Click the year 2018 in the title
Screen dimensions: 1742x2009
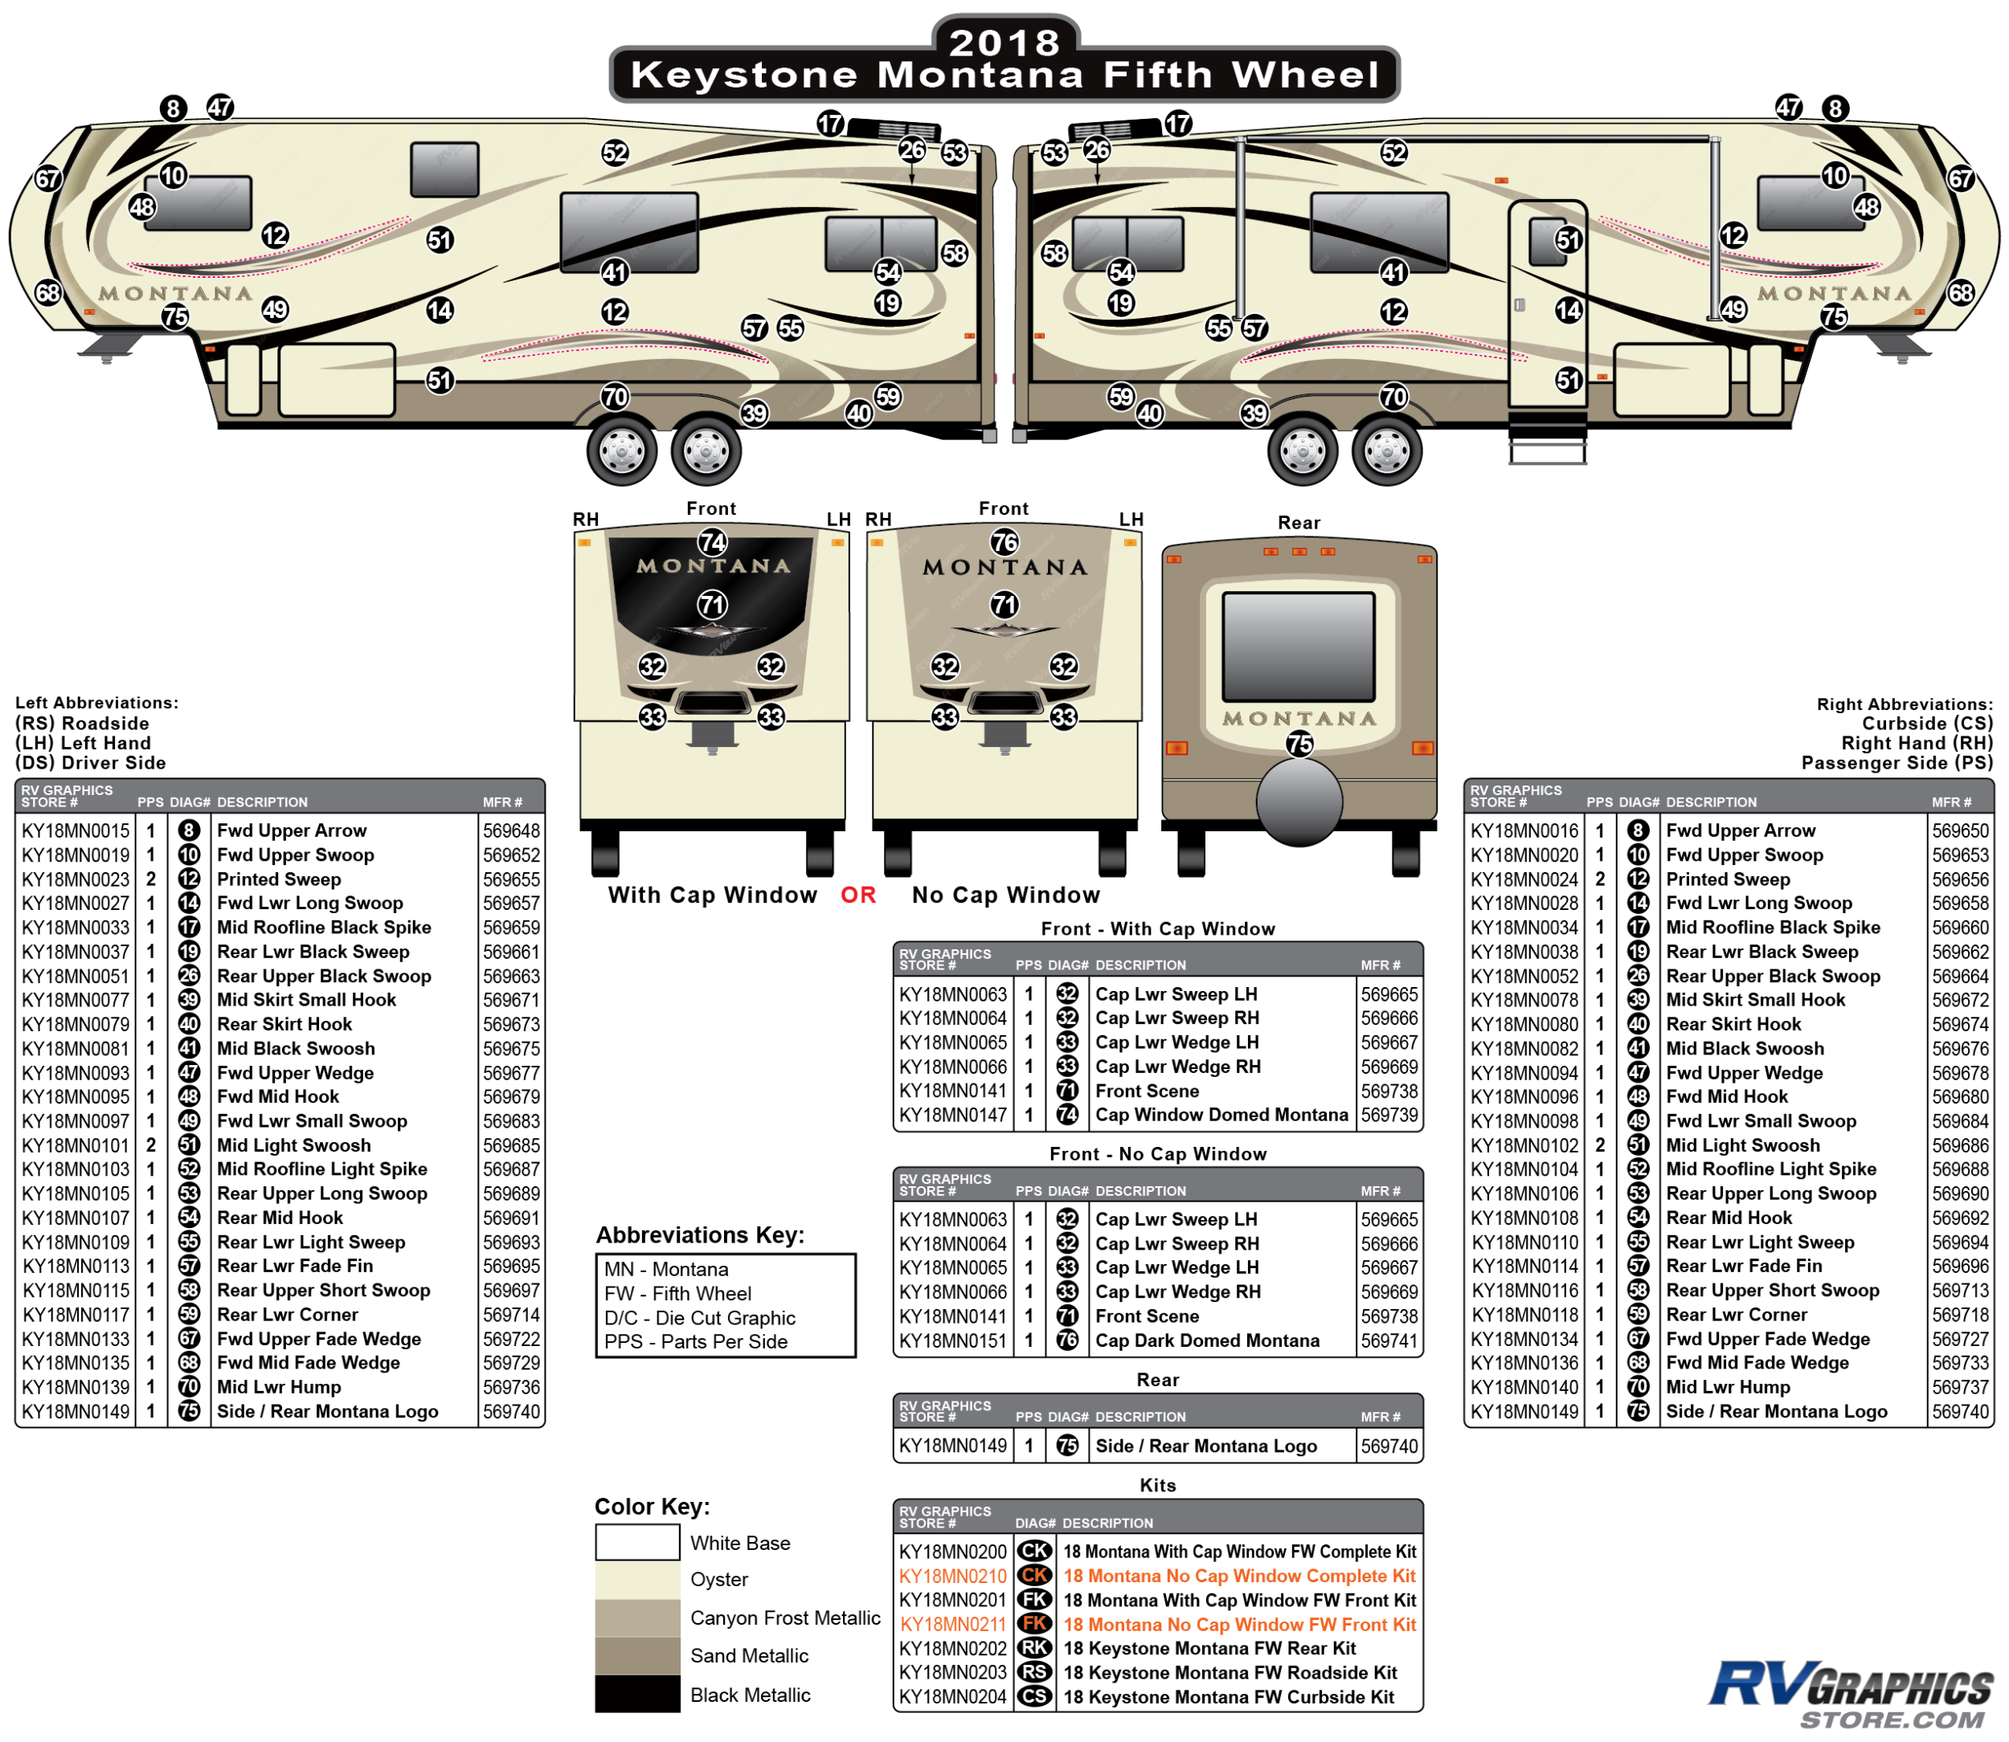tap(1004, 42)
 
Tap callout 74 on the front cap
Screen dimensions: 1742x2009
tap(713, 541)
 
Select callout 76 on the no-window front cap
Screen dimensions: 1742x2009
tap(1004, 541)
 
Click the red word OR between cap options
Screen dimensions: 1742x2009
tap(857, 895)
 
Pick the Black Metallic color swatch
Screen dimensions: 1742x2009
tap(637, 1693)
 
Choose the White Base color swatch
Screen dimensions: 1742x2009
tap(637, 1542)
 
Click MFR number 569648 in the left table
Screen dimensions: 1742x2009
tap(511, 831)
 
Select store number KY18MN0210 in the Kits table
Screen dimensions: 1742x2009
tap(952, 1576)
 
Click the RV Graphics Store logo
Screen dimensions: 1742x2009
tap(1851, 1695)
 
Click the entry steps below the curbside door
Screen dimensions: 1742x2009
tap(1547, 439)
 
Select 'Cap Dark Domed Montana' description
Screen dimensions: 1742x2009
tap(1207, 1340)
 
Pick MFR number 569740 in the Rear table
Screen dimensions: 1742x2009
tap(1389, 1446)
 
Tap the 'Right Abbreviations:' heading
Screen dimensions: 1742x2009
tap(1903, 704)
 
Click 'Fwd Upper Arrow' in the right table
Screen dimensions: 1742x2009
tap(1740, 831)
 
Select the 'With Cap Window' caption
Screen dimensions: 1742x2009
tap(713, 895)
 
